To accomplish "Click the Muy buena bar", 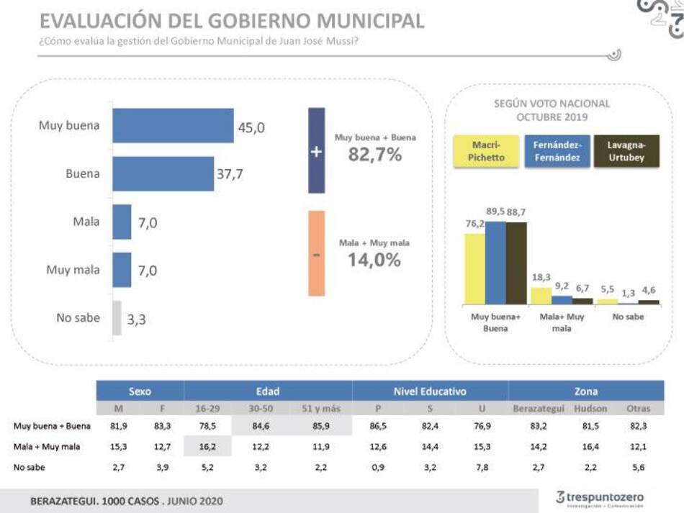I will coord(173,126).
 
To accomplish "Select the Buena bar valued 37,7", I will coord(163,173).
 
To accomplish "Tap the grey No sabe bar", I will coord(117,318).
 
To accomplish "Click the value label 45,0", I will coord(251,127).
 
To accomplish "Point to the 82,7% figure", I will coord(375,153).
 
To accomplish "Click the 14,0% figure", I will coord(374,260).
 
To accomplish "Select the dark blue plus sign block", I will coord(316,151).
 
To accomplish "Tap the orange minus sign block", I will coord(316,253).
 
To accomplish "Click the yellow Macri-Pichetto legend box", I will coord(486,151).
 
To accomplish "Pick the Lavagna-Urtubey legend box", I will coord(626,151).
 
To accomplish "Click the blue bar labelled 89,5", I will coord(495,263).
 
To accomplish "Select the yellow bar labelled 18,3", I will coord(541,296).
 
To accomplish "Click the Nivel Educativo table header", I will coord(430,391).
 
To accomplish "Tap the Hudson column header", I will coord(590,409).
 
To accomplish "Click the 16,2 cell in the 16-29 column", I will coord(207,447).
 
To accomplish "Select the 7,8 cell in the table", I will coord(481,467).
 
